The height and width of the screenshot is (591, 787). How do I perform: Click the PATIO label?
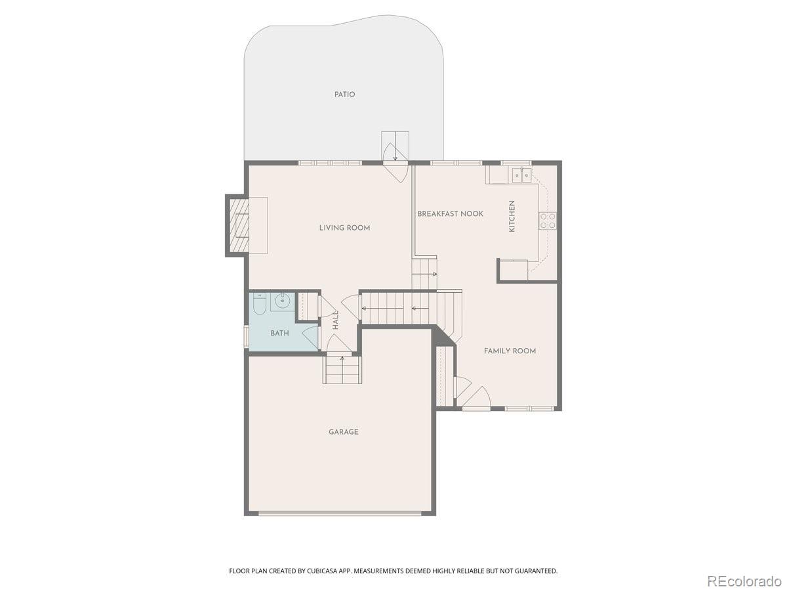click(344, 95)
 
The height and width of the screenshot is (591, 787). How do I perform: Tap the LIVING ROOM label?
click(344, 228)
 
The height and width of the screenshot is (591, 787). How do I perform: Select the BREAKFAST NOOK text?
click(451, 214)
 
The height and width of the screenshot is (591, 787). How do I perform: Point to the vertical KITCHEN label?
click(512, 216)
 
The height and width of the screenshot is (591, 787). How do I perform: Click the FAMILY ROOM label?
click(510, 351)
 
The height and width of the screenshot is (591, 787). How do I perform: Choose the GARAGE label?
click(344, 432)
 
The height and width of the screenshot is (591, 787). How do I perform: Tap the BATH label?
click(279, 334)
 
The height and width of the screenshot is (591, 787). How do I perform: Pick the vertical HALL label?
click(336, 320)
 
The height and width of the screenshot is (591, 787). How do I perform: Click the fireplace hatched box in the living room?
click(239, 225)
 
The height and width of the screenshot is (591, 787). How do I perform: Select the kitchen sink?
click(522, 175)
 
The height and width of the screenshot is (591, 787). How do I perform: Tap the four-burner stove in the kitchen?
click(548, 221)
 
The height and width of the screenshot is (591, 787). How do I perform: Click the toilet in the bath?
click(260, 303)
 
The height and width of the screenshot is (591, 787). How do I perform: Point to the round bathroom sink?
click(282, 302)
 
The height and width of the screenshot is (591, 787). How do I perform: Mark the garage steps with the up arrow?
click(342, 369)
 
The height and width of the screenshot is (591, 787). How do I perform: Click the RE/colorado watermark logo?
click(744, 581)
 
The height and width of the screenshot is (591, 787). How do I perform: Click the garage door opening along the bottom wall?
click(340, 514)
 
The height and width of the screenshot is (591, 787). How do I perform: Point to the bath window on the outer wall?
click(247, 336)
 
